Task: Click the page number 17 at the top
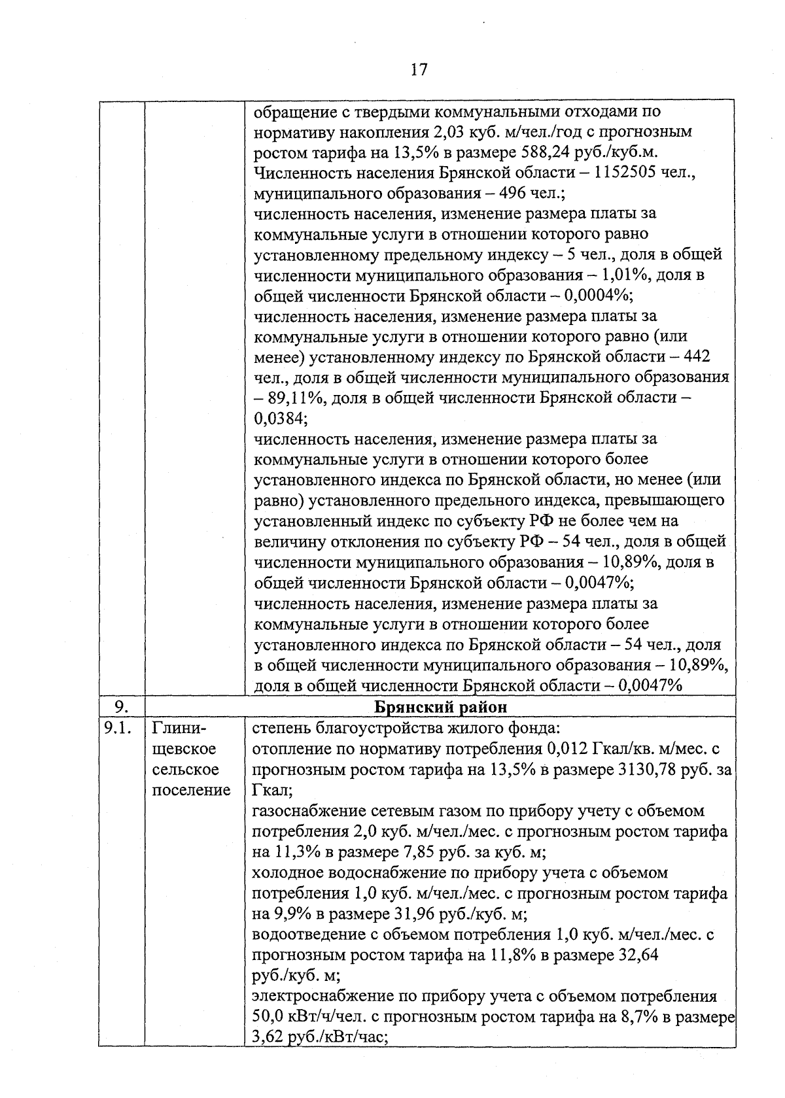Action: [419, 69]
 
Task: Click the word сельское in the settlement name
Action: [184, 769]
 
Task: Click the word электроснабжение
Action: [321, 996]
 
